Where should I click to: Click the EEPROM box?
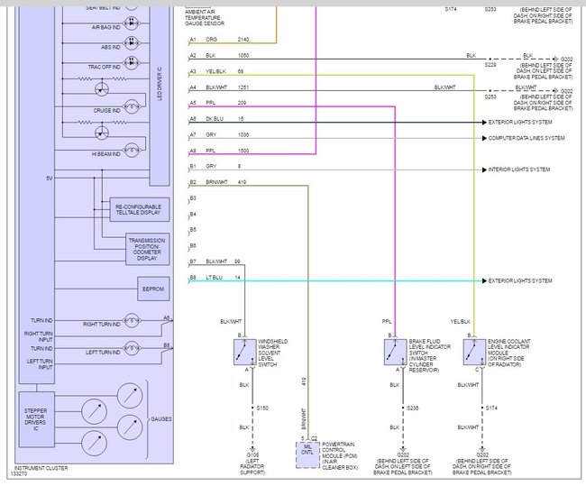click(151, 289)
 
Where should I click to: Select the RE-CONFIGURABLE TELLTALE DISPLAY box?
click(137, 210)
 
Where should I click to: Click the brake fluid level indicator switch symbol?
click(394, 351)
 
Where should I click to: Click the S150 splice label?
click(261, 408)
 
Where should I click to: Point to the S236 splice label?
click(413, 408)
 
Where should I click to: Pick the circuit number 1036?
click(243, 134)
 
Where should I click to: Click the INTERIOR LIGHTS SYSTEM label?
click(521, 170)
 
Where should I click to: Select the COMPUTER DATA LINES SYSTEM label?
click(526, 138)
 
